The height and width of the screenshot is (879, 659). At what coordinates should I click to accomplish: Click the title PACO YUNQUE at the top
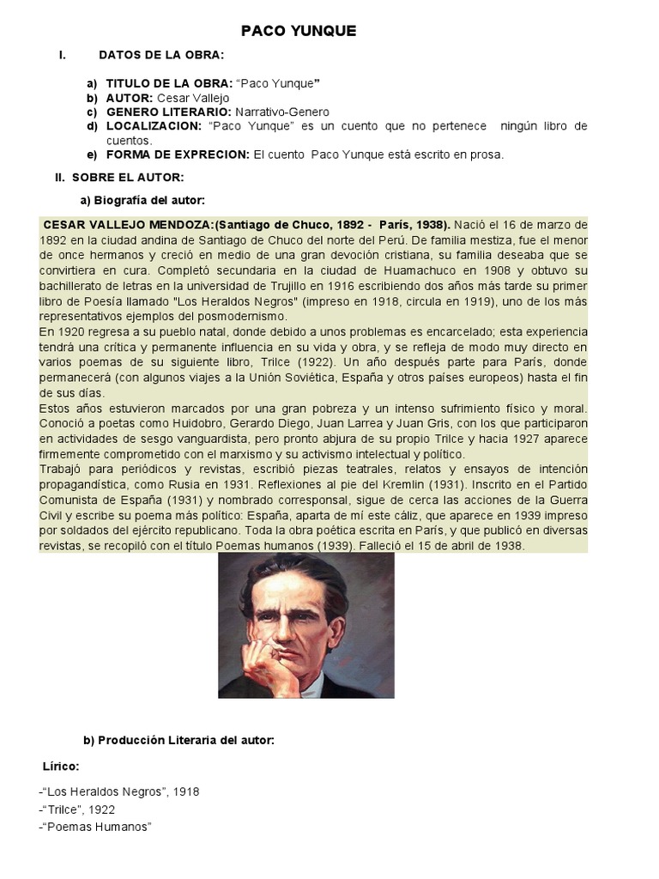298,31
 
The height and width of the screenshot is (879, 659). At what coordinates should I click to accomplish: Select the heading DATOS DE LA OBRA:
161,55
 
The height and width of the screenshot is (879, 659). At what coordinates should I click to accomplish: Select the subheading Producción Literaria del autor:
178,740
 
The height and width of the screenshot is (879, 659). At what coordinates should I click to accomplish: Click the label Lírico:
61,765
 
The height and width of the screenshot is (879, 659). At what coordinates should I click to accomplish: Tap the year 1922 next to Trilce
101,809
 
